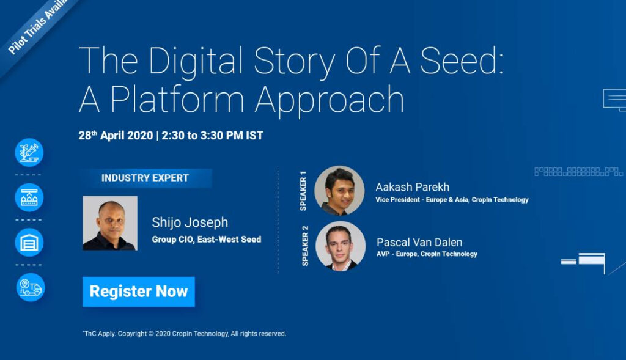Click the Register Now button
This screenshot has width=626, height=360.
point(139,292)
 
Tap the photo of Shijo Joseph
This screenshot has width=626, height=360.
point(110,223)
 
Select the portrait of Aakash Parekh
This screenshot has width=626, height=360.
point(339,191)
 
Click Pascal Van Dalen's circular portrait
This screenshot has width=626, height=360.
point(341,246)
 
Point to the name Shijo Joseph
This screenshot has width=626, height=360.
point(190,222)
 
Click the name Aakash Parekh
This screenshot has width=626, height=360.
point(413,187)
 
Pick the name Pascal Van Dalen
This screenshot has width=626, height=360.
point(419,242)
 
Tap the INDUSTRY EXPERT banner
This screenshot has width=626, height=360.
point(145,178)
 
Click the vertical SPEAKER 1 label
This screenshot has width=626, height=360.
point(303,191)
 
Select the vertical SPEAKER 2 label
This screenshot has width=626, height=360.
point(305,246)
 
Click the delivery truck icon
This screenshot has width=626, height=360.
point(31,287)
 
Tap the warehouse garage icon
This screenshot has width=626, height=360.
point(29,242)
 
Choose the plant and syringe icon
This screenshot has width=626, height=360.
point(29,152)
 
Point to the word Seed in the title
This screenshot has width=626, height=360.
point(462,61)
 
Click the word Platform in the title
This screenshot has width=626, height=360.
point(177,100)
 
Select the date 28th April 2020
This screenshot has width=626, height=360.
point(116,135)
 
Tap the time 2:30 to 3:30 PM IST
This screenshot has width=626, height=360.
point(212,135)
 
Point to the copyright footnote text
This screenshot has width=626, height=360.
point(185,334)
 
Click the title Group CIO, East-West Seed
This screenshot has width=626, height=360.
point(207,240)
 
